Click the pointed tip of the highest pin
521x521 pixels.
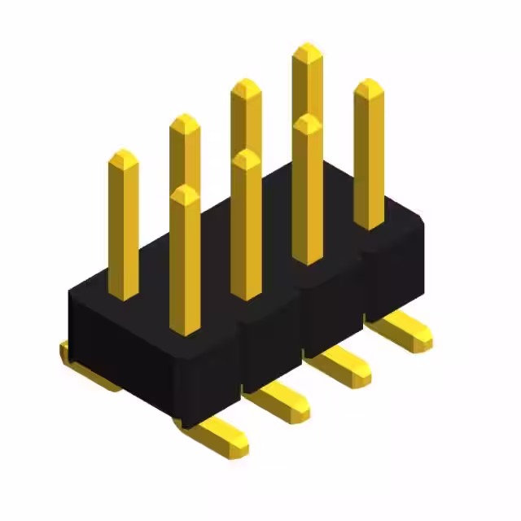click(x=308, y=50)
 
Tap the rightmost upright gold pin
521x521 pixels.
click(x=369, y=155)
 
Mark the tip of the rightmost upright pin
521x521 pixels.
click(x=369, y=85)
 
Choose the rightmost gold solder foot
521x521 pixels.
click(x=403, y=330)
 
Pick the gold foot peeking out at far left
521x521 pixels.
click(x=65, y=352)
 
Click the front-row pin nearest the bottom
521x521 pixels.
click(x=185, y=260)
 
